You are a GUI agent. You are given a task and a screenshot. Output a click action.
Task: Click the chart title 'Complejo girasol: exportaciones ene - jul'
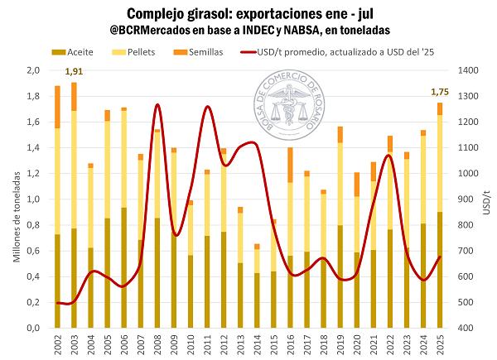coord(248,14)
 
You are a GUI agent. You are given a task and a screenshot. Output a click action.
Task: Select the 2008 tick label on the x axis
coord(157,347)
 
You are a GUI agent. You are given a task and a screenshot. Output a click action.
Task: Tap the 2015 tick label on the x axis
coord(273,347)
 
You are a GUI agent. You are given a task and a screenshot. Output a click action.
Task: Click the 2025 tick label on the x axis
coord(440,347)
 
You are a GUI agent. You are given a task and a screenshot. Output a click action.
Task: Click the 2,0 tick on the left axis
coord(32,71)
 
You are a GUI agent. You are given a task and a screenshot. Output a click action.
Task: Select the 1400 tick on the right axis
coord(470,71)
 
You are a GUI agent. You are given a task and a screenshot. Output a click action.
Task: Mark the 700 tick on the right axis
coord(467,251)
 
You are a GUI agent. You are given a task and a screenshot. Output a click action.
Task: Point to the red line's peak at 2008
coord(157,105)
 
